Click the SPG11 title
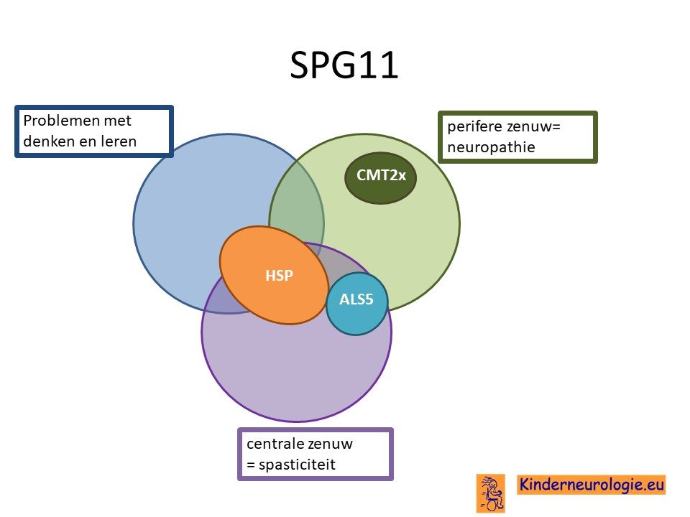pos(344,65)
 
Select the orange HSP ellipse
pos(274,275)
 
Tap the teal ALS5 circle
pos(357,304)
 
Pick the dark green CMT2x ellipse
pos(380,177)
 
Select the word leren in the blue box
pos(119,141)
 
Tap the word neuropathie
pos(491,147)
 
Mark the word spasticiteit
pos(297,465)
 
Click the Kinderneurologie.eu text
pos(592,485)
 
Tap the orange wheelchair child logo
pos(491,493)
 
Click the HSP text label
pos(279,276)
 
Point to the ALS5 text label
pos(356,299)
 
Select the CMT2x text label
pos(381,175)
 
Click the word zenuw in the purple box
pos(331,444)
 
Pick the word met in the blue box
pos(117,121)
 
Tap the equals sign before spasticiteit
pos(251,465)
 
